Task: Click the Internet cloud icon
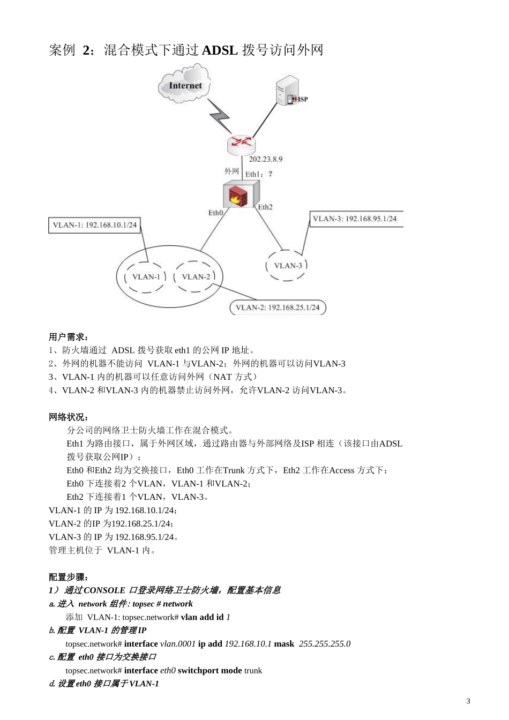185,84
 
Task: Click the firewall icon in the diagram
241,194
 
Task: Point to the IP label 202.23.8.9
265,159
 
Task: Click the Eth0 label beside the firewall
215,213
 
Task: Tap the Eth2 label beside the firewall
265,207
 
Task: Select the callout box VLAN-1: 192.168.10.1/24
94,225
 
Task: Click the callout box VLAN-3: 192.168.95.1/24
355,219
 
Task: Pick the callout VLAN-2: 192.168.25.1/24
278,307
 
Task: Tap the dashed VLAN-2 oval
196,276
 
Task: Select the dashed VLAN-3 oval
288,265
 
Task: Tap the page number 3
468,701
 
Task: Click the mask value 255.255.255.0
325,643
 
